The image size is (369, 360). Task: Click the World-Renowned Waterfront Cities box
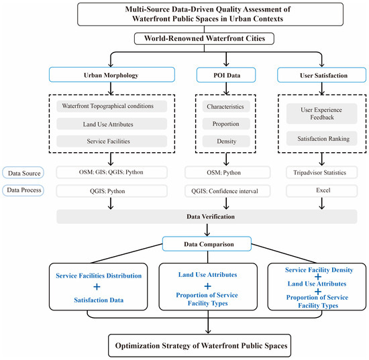(x=204, y=39)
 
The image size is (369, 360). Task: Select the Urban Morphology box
(x=112, y=75)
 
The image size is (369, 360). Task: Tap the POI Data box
(x=226, y=75)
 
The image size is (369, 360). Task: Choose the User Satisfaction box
(x=321, y=75)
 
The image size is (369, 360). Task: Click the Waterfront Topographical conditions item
(x=112, y=107)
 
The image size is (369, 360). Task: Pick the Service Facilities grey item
(x=112, y=141)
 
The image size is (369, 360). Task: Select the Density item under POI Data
(x=226, y=141)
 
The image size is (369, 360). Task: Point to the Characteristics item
(x=226, y=107)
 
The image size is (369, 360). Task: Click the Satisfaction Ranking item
(x=321, y=139)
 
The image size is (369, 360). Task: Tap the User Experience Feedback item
(x=321, y=113)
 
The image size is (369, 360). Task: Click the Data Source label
(x=23, y=173)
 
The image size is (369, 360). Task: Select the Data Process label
(x=23, y=190)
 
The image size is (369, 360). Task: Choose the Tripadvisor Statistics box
(x=321, y=172)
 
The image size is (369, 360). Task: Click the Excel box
(x=321, y=190)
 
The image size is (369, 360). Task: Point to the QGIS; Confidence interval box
(x=227, y=191)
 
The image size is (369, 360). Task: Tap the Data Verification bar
(x=207, y=217)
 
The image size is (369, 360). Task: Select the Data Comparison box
(x=207, y=244)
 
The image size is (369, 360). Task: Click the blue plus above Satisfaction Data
(x=97, y=287)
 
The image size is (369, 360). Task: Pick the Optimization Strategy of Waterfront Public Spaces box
(x=199, y=345)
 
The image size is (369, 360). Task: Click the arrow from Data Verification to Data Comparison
(x=207, y=230)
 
